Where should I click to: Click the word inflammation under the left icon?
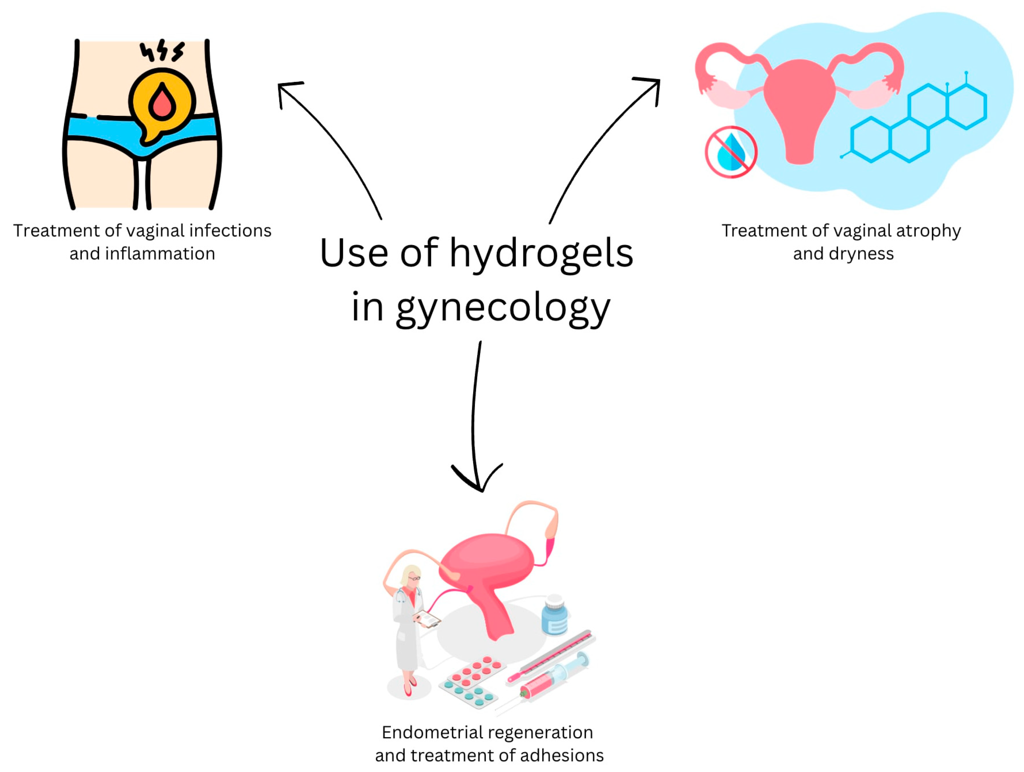coord(160,254)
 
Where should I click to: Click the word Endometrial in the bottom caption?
coord(430,732)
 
